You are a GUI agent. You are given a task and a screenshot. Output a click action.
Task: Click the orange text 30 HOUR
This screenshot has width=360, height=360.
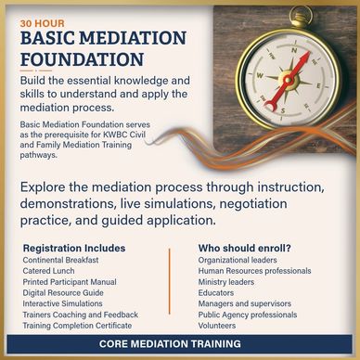pos(43,23)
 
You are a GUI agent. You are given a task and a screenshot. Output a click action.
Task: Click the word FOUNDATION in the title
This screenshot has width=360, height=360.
pos(82,59)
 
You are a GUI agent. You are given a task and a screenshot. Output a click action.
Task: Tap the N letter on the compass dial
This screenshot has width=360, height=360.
pos(294,50)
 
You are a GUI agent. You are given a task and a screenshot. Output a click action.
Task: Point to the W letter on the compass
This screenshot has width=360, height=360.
pos(260,75)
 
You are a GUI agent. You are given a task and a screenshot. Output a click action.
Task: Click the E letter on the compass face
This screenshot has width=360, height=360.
pos(318,86)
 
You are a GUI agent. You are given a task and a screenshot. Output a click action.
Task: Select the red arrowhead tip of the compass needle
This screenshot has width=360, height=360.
pos(309,52)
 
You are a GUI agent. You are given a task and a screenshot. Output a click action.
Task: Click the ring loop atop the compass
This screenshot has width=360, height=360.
pos(301,16)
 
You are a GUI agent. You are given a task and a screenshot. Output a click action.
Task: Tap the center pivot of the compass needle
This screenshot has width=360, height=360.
pos(289,81)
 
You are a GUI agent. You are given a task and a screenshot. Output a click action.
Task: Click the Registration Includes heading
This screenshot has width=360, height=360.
pos(74,248)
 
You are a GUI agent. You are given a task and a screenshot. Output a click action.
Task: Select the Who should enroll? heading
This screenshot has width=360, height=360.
pos(245,248)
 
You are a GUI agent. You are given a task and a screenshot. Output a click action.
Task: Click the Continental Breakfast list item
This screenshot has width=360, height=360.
pos(60,260)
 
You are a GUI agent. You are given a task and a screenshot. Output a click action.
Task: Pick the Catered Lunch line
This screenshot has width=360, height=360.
pos(48,271)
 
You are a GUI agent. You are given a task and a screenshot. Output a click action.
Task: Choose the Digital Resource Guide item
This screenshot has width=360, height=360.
pos(63,292)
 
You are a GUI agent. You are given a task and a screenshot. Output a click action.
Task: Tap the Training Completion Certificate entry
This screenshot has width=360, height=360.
pos(77,326)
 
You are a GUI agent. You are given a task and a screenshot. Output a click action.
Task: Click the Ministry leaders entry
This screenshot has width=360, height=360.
pos(226,282)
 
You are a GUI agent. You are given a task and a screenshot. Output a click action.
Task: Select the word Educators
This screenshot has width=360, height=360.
pos(216,292)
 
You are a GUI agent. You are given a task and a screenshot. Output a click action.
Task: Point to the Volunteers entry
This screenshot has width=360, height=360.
pos(217,326)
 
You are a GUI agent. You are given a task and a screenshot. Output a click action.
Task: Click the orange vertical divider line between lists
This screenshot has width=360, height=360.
pos(170,281)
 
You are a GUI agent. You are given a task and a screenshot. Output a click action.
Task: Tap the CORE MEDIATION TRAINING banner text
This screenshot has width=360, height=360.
pos(170,343)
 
